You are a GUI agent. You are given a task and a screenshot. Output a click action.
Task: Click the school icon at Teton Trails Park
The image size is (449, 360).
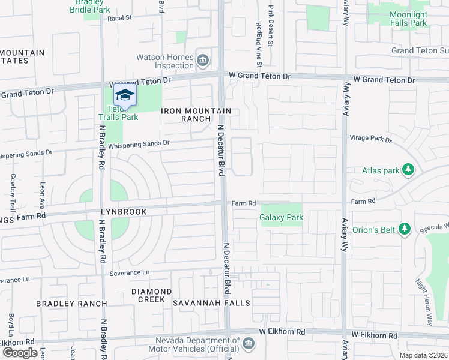125,95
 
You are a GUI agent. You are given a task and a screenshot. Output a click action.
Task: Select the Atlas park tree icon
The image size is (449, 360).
408,170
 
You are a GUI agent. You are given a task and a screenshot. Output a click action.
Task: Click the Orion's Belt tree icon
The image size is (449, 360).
405,229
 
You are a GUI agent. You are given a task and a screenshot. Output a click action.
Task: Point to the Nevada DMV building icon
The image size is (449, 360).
249,344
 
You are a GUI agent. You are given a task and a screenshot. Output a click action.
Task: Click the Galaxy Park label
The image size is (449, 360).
282,217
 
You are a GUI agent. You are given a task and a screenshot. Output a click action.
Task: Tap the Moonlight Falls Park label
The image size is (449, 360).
408,19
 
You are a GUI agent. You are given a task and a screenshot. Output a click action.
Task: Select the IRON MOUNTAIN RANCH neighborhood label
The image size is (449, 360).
196,115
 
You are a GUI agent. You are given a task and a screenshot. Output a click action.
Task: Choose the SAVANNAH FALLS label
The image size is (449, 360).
211,303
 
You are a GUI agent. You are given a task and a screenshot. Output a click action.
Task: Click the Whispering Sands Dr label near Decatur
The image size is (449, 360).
139,143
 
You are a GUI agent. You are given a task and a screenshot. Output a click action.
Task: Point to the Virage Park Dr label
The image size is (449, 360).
370,139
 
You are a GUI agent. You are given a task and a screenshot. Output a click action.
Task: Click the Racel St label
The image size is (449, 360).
119,19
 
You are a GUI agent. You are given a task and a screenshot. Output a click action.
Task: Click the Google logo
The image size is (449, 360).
20,353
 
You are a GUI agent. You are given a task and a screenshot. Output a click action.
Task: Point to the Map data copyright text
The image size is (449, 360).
423,355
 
